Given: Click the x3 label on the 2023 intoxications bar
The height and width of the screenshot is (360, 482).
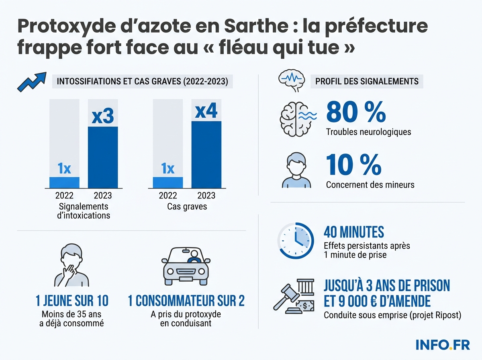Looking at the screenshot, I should pos(103,116).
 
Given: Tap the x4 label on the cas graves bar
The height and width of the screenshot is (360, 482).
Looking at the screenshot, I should pos(206,111).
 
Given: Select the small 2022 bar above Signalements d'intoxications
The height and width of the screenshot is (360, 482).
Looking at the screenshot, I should pos(64,182).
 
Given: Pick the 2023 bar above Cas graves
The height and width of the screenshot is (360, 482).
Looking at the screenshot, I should pos(206,155).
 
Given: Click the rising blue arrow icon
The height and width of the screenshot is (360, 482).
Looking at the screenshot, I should pos(31,82).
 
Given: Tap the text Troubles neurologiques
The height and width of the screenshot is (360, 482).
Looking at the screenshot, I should pos(368,132).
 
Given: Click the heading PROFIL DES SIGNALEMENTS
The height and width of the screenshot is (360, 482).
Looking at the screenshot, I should pos(367,81).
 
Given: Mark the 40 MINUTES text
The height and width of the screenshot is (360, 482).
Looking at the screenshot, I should pos(353,232).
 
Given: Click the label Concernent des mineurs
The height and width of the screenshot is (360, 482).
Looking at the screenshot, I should pos(370,185).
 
